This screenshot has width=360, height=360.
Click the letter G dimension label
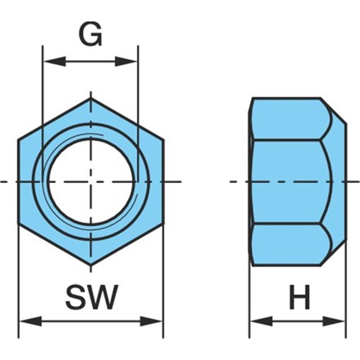click(91, 35)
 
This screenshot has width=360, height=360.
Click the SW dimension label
click(92, 297)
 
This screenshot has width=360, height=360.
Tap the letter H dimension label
click(300, 297)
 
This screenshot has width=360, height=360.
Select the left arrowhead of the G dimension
click(54, 62)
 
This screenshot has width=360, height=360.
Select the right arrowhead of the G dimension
click(126, 62)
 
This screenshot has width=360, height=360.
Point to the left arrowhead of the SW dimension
click(30, 321)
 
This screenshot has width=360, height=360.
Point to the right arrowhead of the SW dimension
click(151, 321)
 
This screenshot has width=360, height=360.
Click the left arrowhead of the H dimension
click(261, 321)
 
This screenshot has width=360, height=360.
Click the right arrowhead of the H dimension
click(334, 321)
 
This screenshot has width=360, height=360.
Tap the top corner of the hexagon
click(91, 99)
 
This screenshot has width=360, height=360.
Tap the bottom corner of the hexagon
click(91, 265)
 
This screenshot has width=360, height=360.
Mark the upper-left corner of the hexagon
click(19, 140)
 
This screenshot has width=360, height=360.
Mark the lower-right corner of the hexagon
click(163, 224)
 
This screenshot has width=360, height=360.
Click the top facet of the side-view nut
click(290, 119)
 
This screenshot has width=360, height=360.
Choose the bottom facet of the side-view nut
click(290, 245)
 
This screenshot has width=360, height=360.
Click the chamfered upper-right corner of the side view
click(333, 111)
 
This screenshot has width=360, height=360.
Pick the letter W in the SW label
click(102, 297)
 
